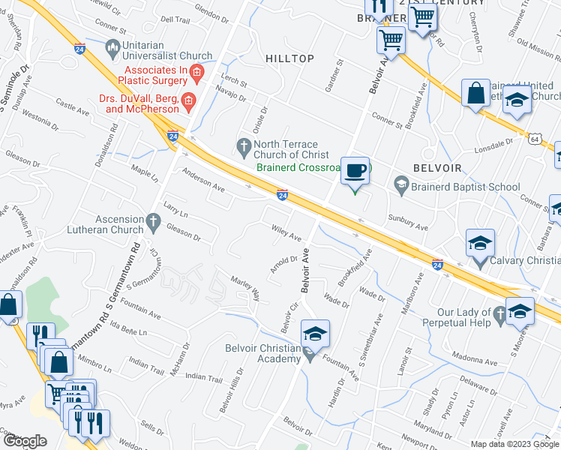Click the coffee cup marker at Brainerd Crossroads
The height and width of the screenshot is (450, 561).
(x=355, y=169)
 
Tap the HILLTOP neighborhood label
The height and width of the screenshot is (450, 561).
(x=289, y=58)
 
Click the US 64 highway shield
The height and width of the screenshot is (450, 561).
(x=535, y=139)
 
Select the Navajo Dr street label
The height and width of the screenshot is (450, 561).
(x=231, y=95)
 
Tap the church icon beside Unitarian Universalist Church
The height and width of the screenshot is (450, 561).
(x=112, y=50)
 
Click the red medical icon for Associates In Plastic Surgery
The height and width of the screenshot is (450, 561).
(x=196, y=73)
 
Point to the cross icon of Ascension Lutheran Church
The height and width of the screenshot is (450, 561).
(x=154, y=221)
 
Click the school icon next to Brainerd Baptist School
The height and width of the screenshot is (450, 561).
(x=401, y=184)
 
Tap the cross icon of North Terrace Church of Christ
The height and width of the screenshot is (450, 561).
(x=243, y=145)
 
